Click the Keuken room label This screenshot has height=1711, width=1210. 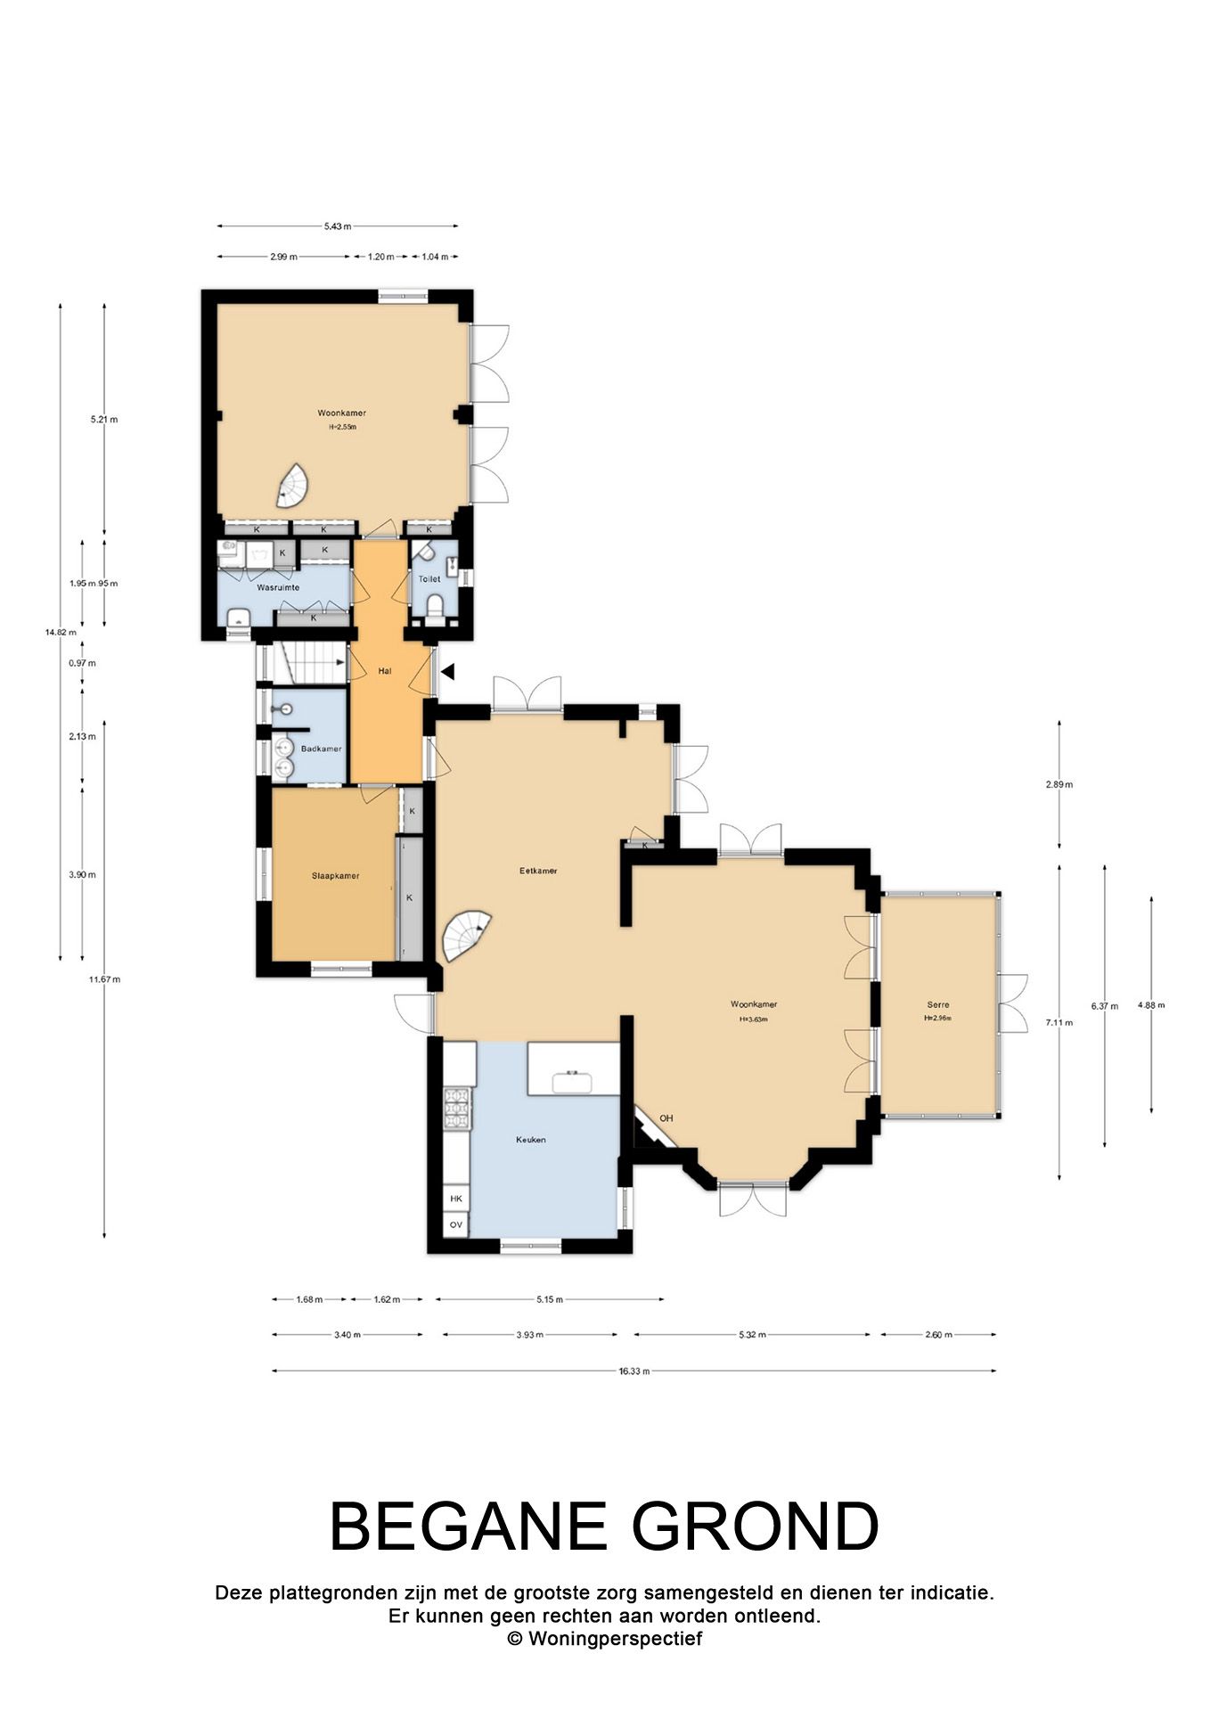tap(530, 1140)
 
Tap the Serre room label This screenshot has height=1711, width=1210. tap(937, 1004)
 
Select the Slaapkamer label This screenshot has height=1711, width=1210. tap(335, 876)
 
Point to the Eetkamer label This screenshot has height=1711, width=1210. tap(538, 871)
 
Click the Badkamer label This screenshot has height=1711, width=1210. tap(321, 749)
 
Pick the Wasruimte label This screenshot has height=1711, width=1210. tap(278, 588)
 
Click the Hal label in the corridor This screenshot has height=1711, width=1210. tap(385, 671)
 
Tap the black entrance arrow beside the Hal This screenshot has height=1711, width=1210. tap(448, 671)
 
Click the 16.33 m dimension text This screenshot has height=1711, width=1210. tap(634, 1371)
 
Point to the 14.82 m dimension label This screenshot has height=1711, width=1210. tap(58, 633)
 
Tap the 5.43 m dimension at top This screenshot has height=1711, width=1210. tap(337, 226)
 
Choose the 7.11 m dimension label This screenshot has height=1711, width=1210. tap(1059, 1022)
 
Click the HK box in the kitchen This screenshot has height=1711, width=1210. tap(456, 1199)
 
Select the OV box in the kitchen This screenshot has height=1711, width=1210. tap(456, 1225)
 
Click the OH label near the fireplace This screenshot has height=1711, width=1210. tap(666, 1118)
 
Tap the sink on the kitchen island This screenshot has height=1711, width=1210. tap(573, 1082)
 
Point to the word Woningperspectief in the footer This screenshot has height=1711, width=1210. tap(615, 1638)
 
